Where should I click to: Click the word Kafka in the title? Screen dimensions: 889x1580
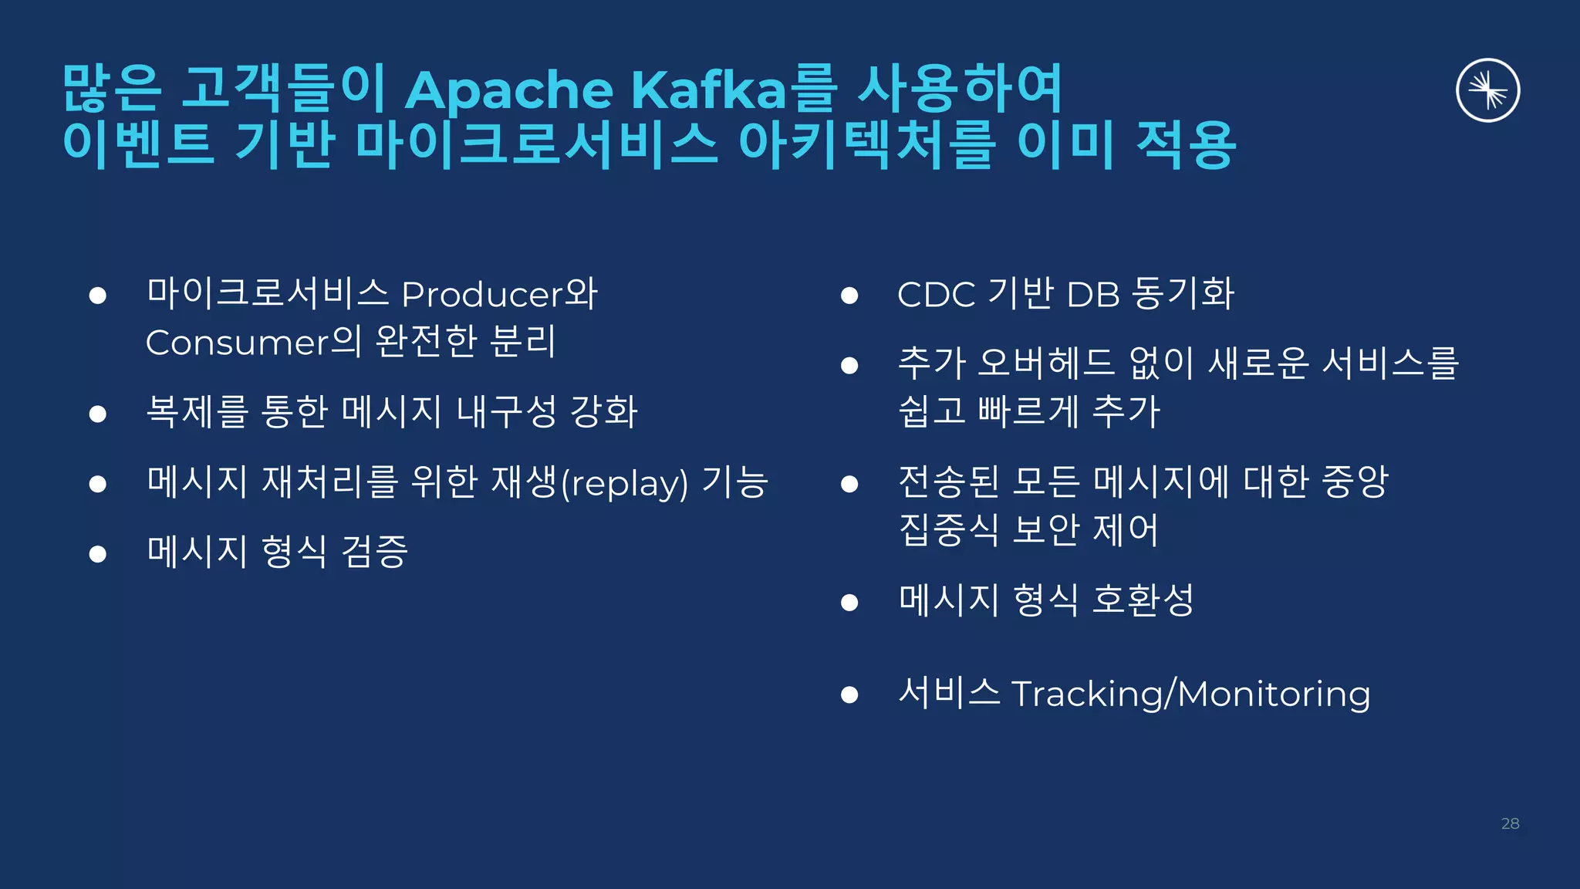pyautogui.click(x=708, y=90)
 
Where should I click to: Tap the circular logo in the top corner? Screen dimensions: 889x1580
pyautogui.click(x=1487, y=90)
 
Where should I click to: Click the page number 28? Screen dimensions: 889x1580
pyautogui.click(x=1510, y=823)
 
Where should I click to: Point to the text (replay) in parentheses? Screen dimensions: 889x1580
pyautogui.click(x=624, y=484)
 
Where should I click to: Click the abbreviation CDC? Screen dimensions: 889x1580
pyautogui.click(x=936, y=295)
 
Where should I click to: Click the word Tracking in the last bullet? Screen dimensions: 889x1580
pyautogui.click(x=1086, y=694)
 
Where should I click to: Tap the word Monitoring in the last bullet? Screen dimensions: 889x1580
pyautogui.click(x=1274, y=694)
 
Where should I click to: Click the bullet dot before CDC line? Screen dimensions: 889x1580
pyautogui.click(x=849, y=296)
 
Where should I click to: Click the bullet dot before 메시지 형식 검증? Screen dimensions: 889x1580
pyautogui.click(x=97, y=553)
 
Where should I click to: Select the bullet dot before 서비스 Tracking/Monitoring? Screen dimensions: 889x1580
pyautogui.click(x=849, y=695)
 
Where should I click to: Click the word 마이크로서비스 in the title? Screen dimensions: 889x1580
pyautogui.click(x=536, y=144)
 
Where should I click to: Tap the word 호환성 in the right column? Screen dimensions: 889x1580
pyautogui.click(x=1143, y=600)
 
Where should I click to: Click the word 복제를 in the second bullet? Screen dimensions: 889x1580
pyautogui.click(x=197, y=411)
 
